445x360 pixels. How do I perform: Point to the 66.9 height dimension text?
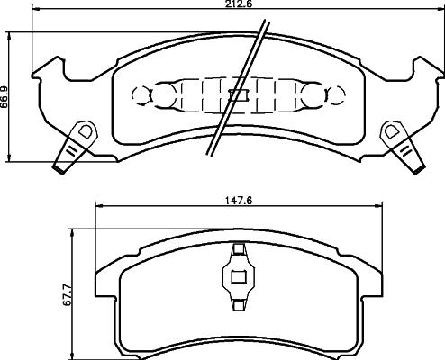[x=5, y=94]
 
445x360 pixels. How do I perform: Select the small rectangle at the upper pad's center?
[x=238, y=94]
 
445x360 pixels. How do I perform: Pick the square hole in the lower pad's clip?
[x=238, y=277]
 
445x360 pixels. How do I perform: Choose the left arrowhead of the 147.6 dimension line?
[x=98, y=210]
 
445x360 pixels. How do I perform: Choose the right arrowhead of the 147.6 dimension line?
[x=377, y=210]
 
